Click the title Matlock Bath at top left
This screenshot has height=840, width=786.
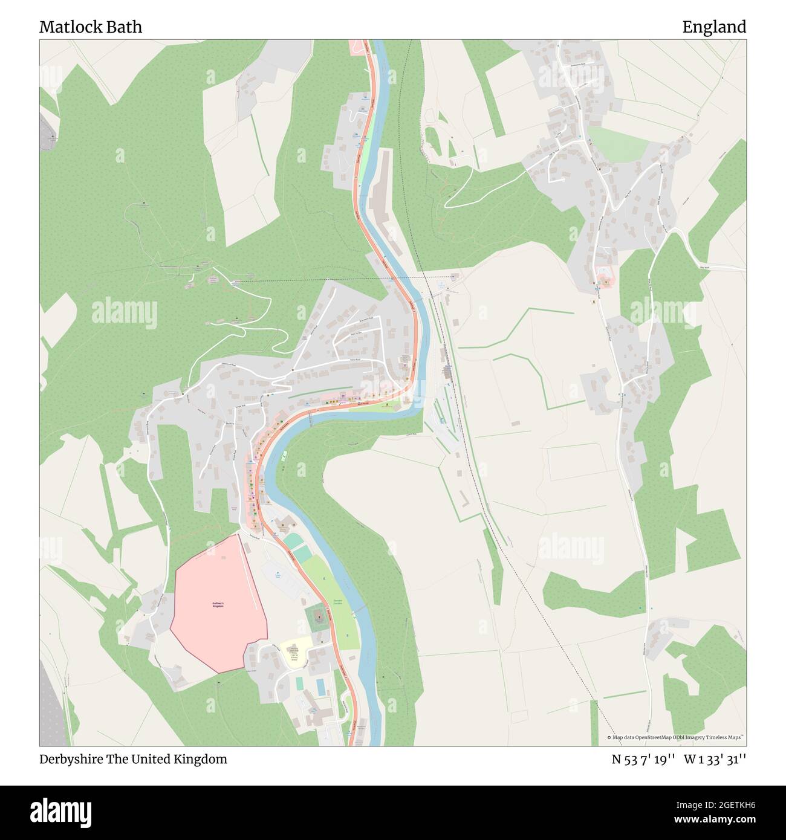[x=91, y=27]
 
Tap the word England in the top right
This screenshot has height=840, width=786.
[x=714, y=27]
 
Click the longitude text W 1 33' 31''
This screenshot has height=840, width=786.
[x=715, y=760]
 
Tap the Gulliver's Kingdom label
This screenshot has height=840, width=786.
[x=218, y=604]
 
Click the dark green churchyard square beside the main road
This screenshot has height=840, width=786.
[x=317, y=617]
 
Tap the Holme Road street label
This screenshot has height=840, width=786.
[x=354, y=360]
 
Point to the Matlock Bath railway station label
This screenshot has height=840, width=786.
[x=448, y=368]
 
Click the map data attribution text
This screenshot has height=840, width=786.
[x=677, y=737]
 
